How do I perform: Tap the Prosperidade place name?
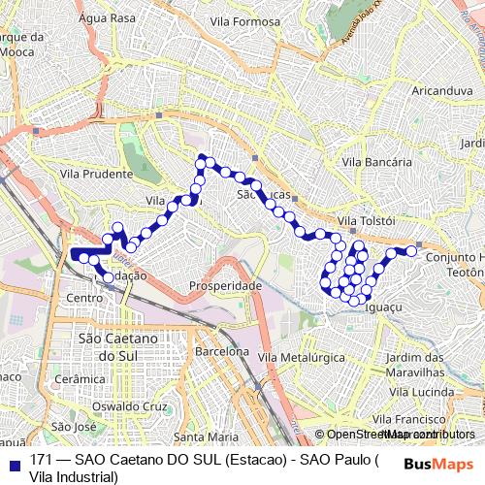[x=226, y=287]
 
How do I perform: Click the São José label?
[x=74, y=426]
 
